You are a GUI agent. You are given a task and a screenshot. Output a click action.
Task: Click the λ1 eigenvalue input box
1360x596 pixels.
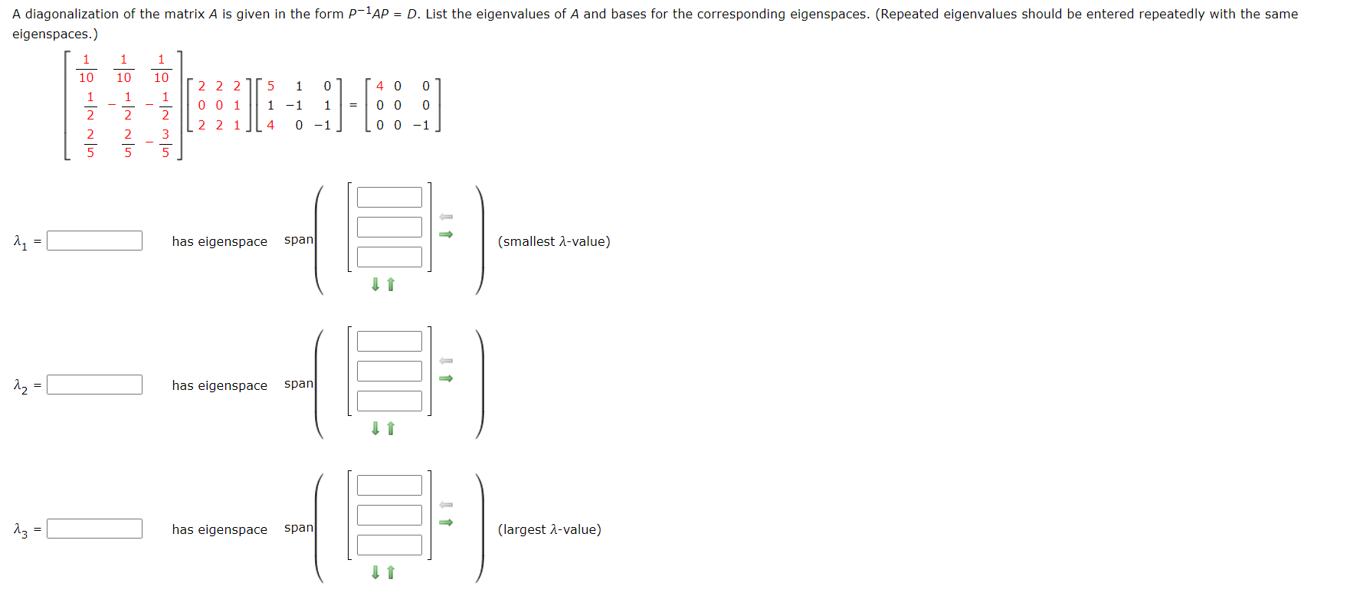click(94, 241)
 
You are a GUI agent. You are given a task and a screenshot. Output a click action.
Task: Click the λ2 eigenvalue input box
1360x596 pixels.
click(94, 385)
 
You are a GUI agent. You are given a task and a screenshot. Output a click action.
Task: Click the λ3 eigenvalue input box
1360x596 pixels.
click(94, 529)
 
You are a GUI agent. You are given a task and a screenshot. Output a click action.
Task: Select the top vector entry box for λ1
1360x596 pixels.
click(389, 197)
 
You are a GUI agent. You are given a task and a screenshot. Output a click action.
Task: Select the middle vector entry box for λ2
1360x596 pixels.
click(389, 371)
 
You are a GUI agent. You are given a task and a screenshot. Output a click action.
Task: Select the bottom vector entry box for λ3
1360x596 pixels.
click(389, 545)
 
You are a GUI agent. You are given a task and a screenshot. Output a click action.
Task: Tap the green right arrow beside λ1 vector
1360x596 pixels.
click(446, 234)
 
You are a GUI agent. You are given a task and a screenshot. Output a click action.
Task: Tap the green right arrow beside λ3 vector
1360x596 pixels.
click(446, 522)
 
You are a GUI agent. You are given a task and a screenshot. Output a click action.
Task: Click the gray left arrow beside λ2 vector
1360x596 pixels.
click(446, 361)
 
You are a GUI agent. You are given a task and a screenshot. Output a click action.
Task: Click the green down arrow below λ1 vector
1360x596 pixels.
click(375, 284)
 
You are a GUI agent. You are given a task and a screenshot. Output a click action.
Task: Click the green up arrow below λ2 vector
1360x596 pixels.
click(391, 428)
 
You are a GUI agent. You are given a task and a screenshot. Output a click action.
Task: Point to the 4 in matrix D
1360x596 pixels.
click(380, 86)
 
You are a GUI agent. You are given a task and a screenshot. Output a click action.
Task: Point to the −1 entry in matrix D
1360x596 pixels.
click(421, 125)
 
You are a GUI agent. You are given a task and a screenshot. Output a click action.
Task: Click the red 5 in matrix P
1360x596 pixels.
click(270, 86)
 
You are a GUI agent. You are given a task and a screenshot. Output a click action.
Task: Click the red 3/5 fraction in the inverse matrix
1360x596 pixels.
click(165, 143)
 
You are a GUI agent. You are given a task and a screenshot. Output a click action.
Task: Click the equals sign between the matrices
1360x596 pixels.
click(353, 105)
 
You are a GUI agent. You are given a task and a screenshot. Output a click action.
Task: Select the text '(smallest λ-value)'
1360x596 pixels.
click(554, 241)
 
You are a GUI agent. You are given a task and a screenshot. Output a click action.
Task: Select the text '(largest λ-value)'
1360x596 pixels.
click(549, 529)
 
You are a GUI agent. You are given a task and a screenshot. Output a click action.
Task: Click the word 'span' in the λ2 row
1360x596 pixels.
click(299, 383)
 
